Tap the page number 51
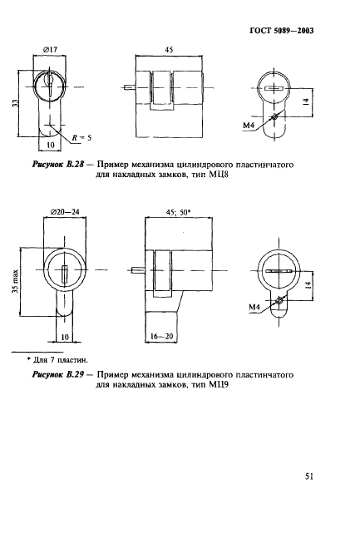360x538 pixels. (308, 477)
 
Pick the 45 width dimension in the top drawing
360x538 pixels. (168, 51)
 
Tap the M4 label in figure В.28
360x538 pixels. (248, 126)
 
